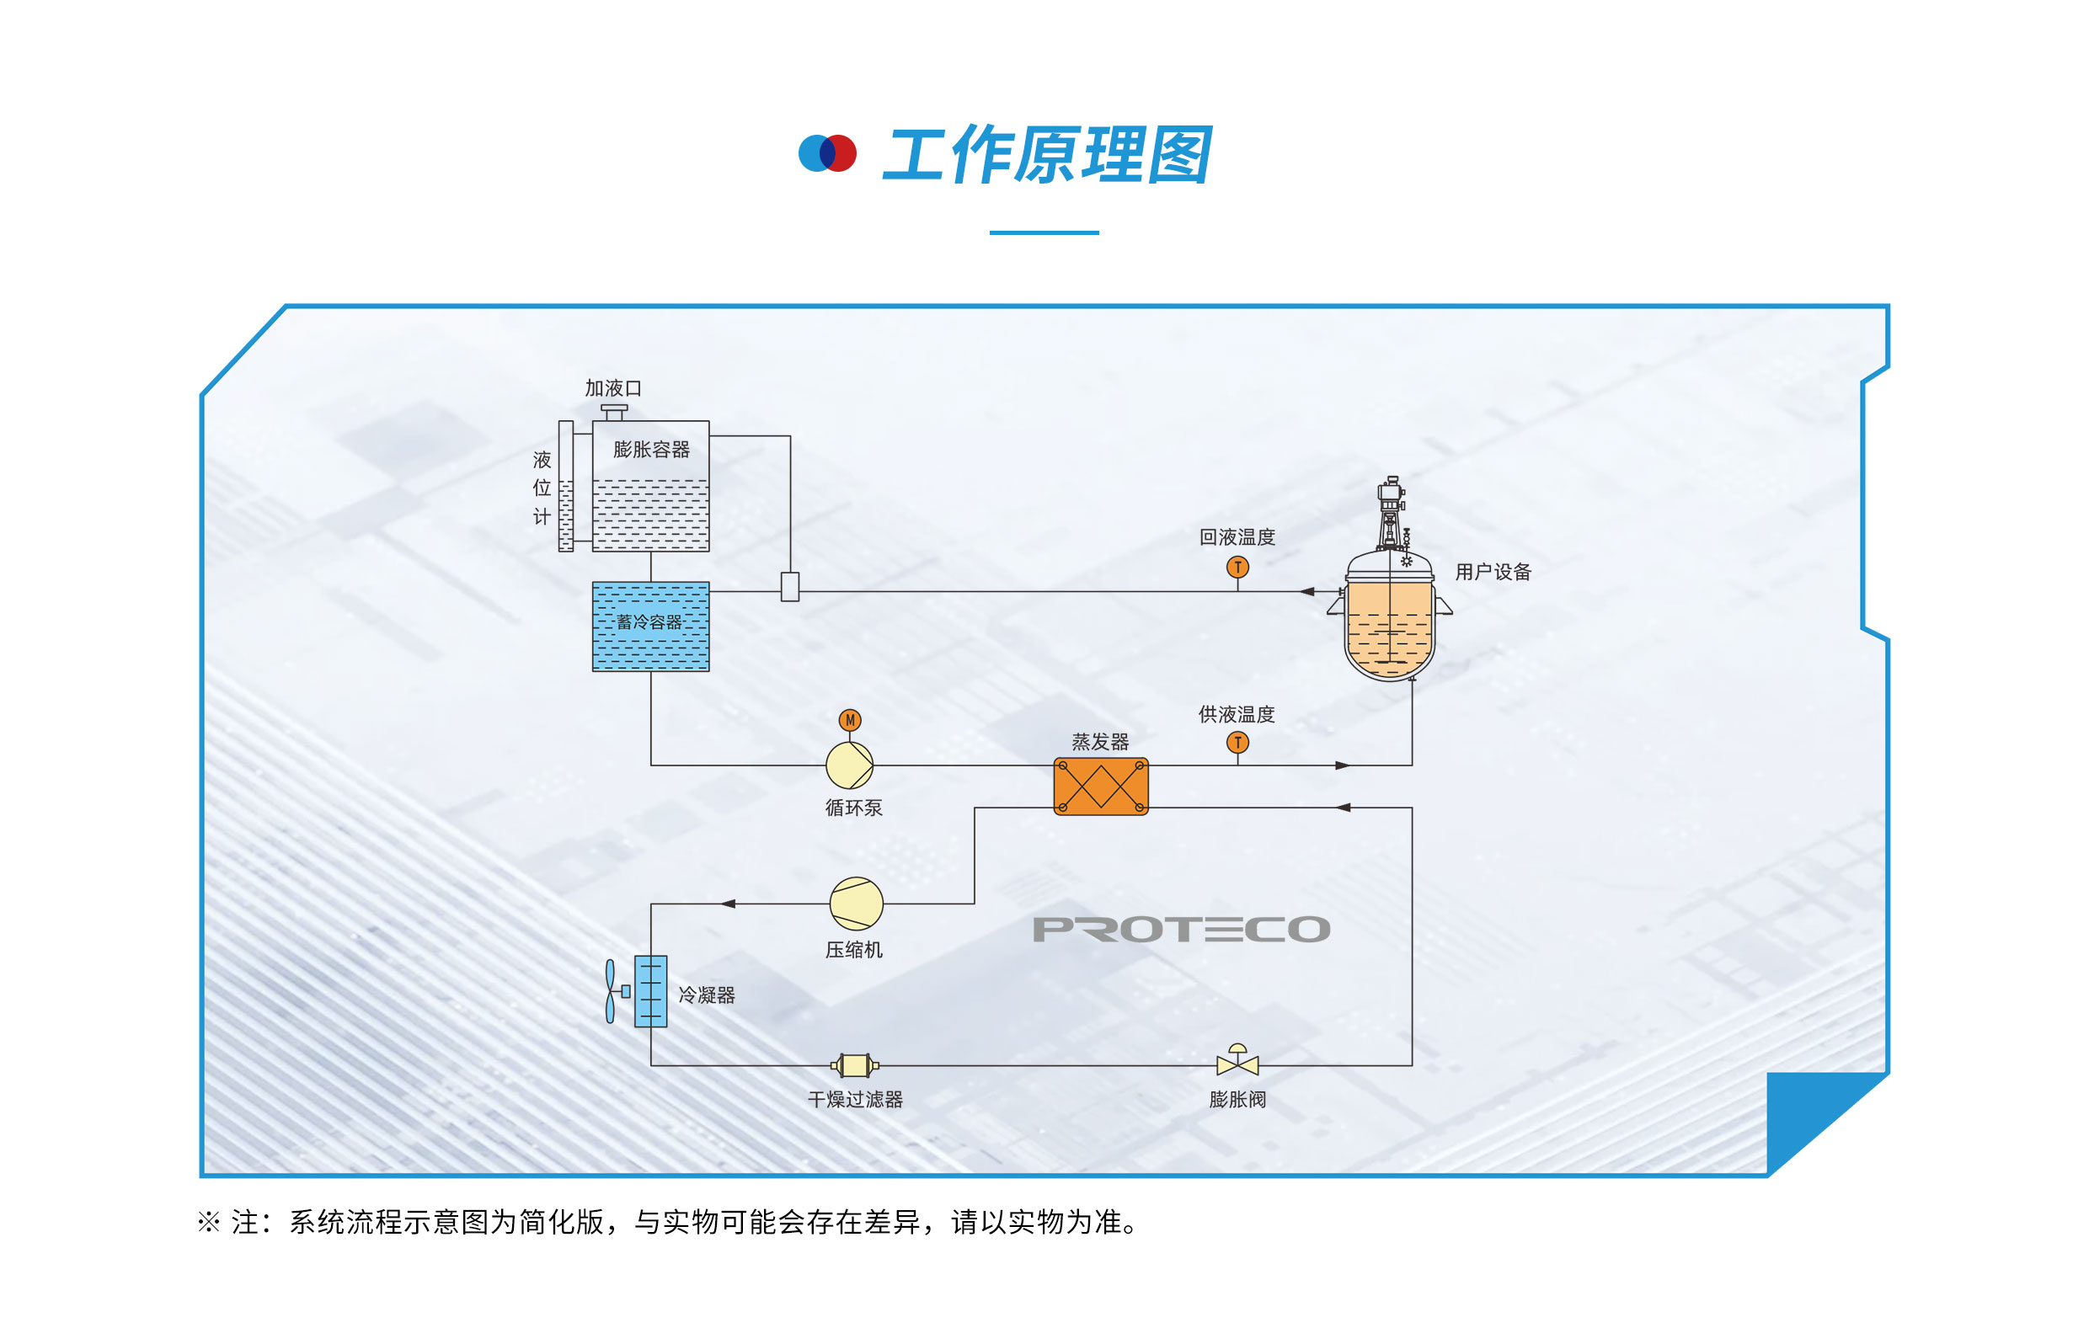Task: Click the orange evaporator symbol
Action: [1101, 787]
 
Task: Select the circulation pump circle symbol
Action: [849, 765]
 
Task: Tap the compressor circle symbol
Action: [857, 903]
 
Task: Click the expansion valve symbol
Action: [1238, 1062]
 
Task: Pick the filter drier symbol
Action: [854, 1065]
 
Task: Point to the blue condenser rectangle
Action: [650, 991]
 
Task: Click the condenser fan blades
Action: [610, 991]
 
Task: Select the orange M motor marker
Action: [850, 720]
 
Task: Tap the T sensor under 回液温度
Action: [1238, 568]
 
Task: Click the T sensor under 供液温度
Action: [1238, 743]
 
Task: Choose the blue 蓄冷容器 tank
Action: [650, 627]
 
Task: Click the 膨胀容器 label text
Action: [651, 450]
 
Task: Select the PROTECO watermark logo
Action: [1182, 929]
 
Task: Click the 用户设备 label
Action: [1493, 572]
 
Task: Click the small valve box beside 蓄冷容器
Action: [790, 586]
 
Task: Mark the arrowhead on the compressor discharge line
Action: [729, 904]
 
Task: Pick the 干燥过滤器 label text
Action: [855, 1100]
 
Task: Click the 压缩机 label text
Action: [854, 950]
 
